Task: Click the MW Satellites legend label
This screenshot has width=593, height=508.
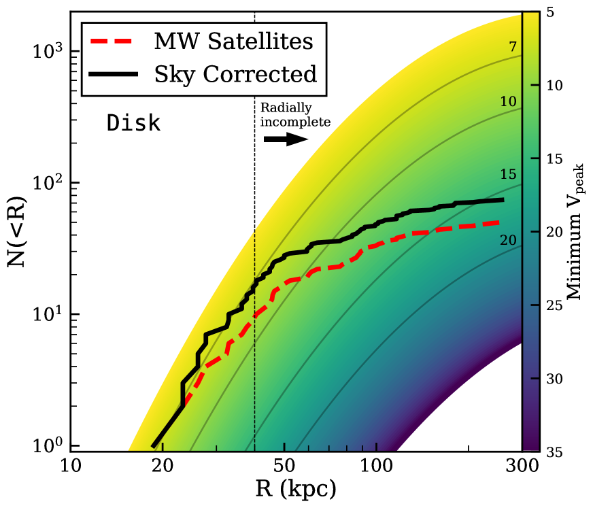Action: tap(233, 41)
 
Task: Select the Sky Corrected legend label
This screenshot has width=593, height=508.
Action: tap(235, 73)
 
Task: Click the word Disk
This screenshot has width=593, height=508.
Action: tap(133, 124)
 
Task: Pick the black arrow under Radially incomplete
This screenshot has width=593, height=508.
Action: tap(286, 139)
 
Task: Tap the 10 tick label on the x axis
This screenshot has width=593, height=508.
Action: tap(71, 467)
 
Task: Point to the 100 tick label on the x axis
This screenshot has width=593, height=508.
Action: tap(376, 467)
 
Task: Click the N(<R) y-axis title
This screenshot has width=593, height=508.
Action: tap(18, 231)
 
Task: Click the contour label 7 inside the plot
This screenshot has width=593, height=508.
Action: tap(513, 46)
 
